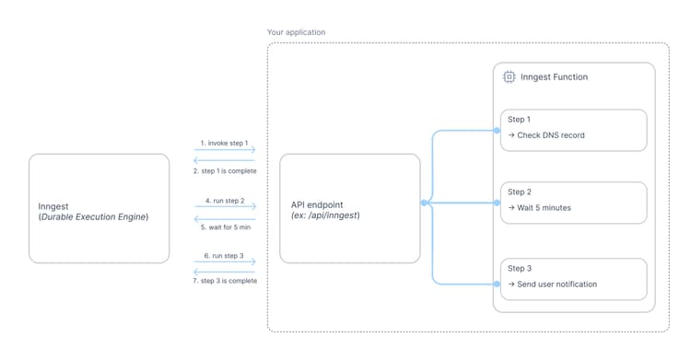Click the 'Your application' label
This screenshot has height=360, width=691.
(x=296, y=32)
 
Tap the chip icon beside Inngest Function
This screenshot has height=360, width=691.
(x=509, y=77)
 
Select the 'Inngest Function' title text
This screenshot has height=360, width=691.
(x=555, y=77)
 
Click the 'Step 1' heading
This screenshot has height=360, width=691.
(x=519, y=120)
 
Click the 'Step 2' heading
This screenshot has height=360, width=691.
(x=519, y=192)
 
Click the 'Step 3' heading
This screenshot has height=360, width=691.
(x=519, y=268)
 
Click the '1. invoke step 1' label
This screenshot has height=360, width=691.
(x=224, y=143)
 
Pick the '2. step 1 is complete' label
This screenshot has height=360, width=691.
(x=224, y=171)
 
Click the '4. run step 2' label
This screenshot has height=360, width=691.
(x=224, y=199)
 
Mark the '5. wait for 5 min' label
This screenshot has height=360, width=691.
(x=224, y=226)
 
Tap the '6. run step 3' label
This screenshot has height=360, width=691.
(x=224, y=255)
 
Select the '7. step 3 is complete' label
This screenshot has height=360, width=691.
(x=224, y=281)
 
